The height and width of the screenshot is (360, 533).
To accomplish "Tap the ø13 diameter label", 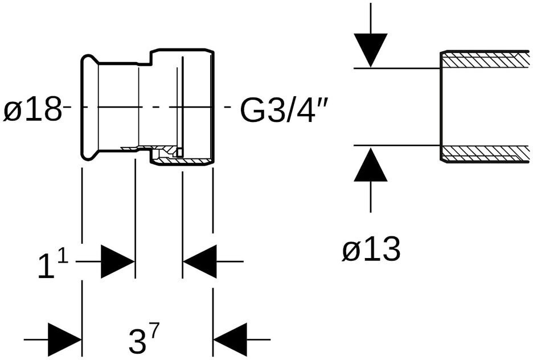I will tap(371, 249).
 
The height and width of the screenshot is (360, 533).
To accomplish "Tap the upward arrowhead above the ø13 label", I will tap(370, 166).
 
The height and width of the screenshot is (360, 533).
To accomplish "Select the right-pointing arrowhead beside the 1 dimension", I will tap(117, 261).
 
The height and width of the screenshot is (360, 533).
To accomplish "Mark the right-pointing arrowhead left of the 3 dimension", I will tap(64, 340).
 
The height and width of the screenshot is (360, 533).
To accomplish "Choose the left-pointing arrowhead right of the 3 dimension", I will tap(230, 340).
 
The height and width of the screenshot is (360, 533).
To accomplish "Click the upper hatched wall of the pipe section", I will tap(484, 60).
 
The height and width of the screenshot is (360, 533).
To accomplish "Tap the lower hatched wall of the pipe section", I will tap(484, 154).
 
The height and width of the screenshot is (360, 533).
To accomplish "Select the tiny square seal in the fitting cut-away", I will tap(179, 152).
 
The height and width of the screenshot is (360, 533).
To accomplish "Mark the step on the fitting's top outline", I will tap(151, 56).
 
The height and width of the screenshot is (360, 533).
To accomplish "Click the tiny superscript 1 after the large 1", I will tap(63, 257).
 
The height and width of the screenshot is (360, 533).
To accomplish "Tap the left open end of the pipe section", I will tap(441, 107).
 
